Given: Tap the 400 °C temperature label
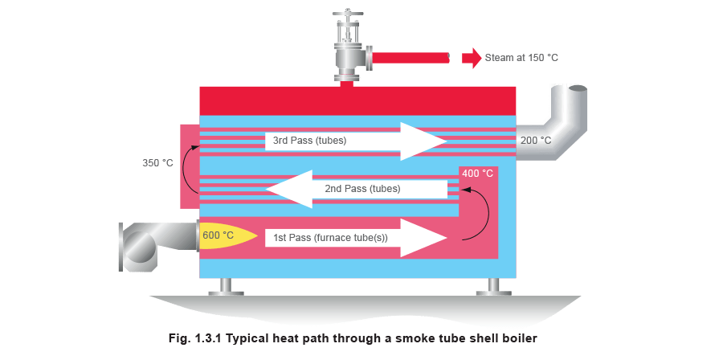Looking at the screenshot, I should point(477,173).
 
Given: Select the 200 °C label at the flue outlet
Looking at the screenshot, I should point(535,141).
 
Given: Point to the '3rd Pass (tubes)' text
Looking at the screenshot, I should point(309,141).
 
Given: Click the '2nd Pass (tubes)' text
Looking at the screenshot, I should point(362,189).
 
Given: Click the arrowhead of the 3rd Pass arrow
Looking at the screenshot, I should point(423,141).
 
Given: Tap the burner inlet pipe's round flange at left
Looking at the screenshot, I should point(134,246).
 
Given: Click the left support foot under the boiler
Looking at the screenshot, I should point(226,286).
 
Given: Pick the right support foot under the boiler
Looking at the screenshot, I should point(492,286).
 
